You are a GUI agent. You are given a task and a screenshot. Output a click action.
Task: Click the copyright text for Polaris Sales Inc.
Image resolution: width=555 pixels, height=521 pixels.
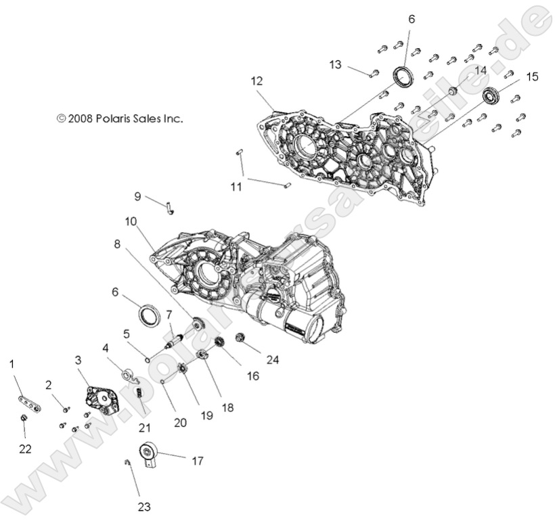click(x=120, y=118)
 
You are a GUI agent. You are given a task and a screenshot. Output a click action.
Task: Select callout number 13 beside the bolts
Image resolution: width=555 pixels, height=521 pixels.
click(x=336, y=64)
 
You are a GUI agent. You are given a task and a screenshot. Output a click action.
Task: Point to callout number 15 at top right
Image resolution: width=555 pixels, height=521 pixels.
click(x=532, y=76)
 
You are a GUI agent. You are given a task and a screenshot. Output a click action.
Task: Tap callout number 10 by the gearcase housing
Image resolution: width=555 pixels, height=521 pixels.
click(x=131, y=221)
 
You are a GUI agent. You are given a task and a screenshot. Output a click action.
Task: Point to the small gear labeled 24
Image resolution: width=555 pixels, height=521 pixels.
click(x=240, y=338)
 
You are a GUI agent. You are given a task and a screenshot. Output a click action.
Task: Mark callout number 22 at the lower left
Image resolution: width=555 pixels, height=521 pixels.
click(x=25, y=449)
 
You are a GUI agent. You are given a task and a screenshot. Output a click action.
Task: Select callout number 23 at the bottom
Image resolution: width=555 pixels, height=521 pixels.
click(x=143, y=505)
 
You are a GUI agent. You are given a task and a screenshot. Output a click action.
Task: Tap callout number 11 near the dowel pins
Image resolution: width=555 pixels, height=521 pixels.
click(x=236, y=186)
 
